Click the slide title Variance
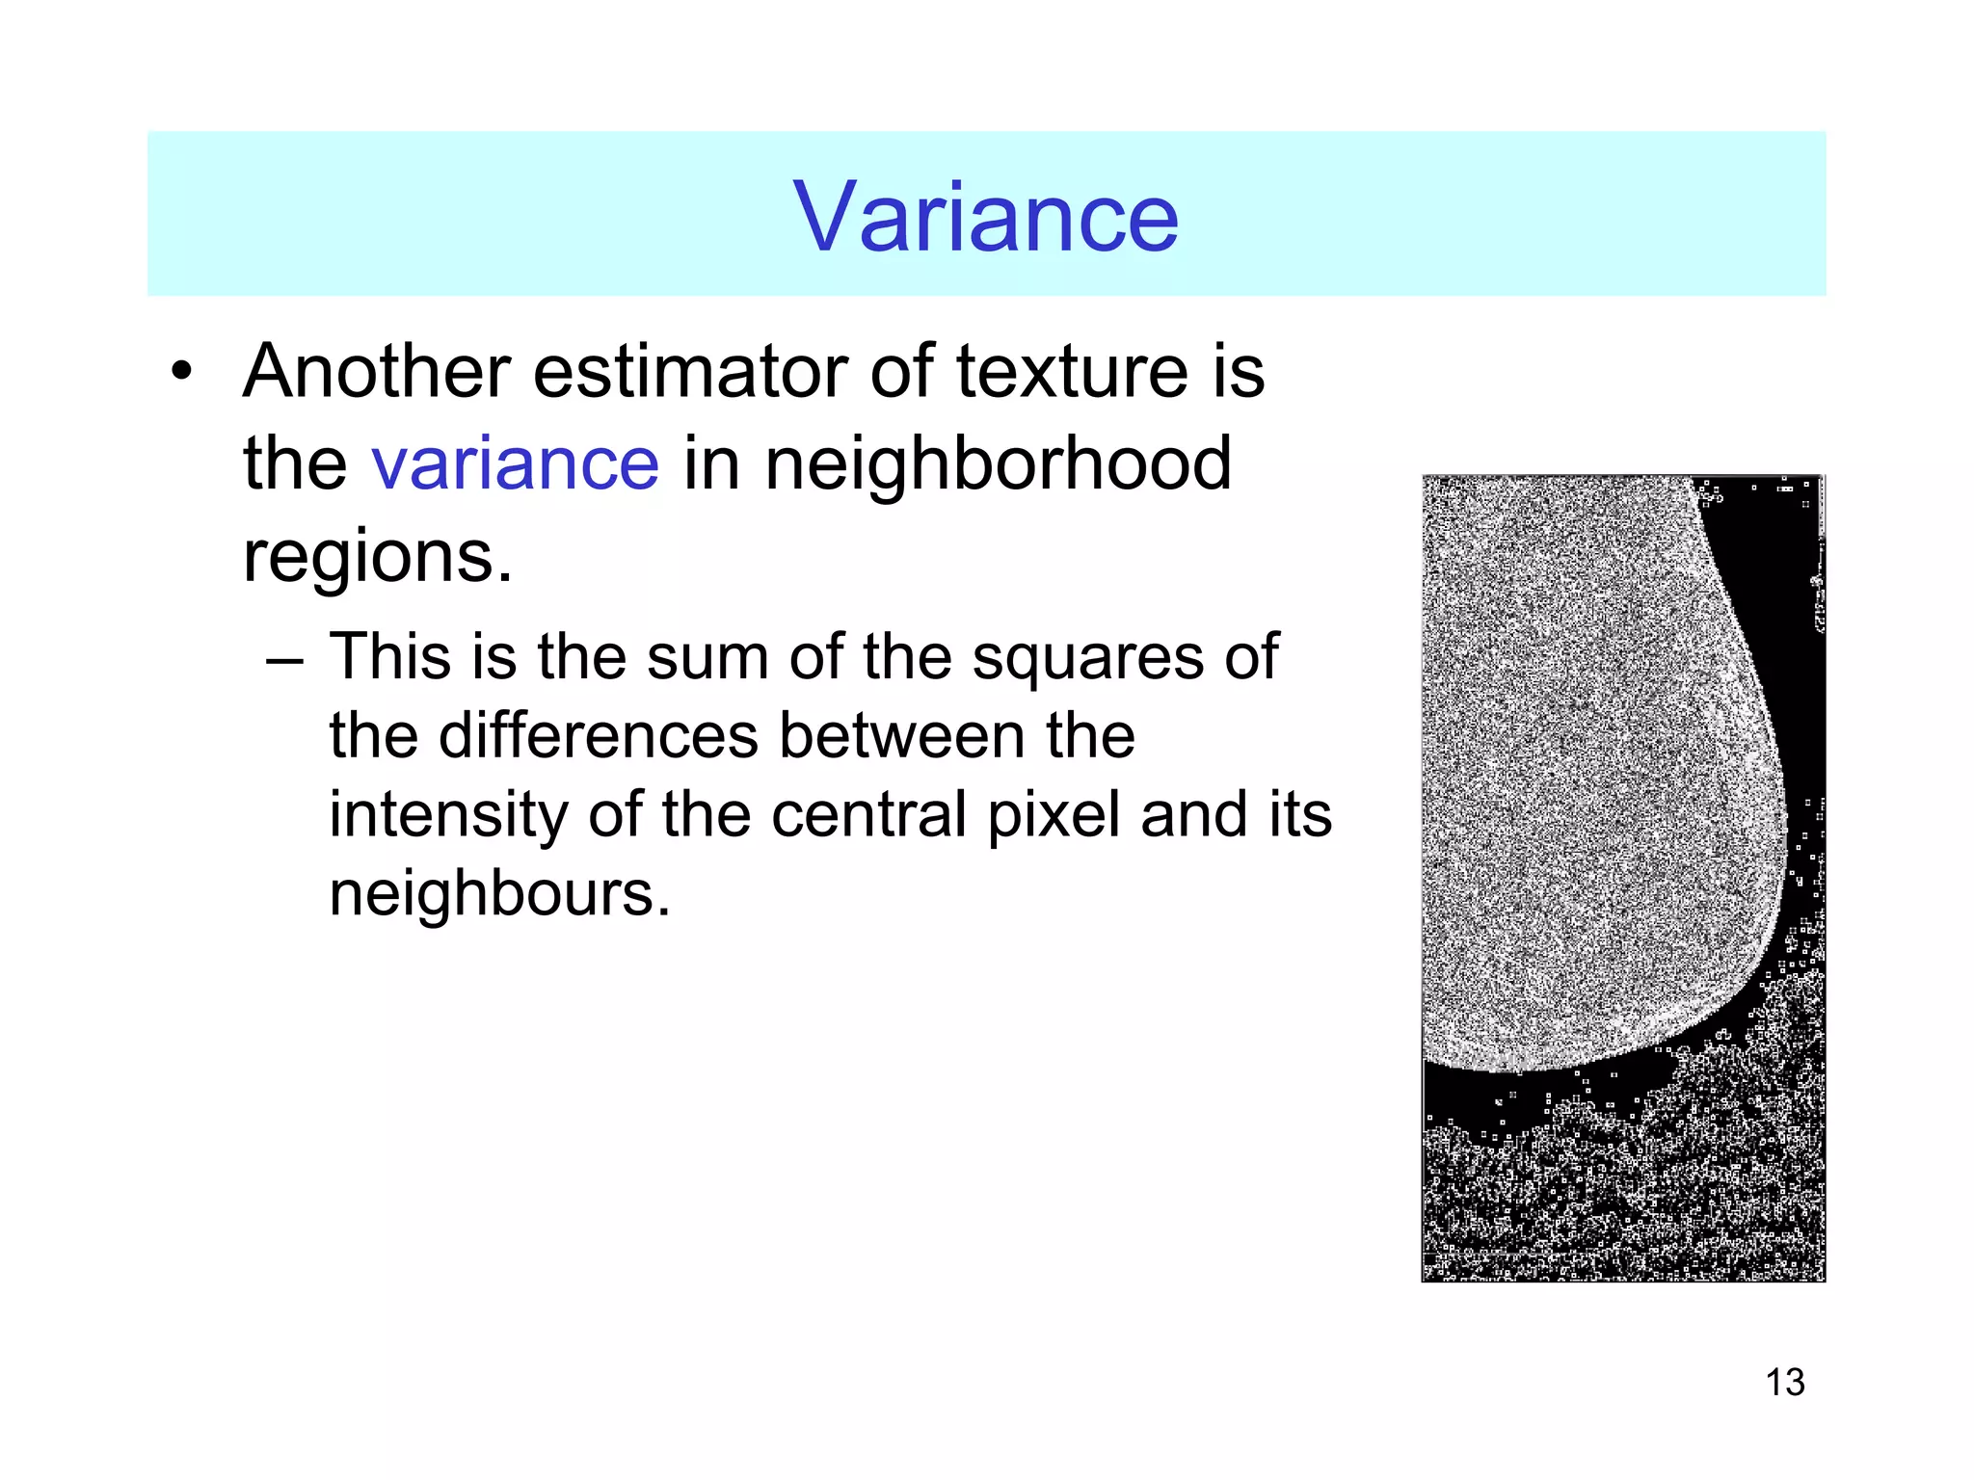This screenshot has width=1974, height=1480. pos(985,218)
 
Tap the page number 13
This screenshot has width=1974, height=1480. pos(1785,1383)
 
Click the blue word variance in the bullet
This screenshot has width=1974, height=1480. pos(516,463)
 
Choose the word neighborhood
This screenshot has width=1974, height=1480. pos(998,463)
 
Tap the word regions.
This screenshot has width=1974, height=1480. pos(377,556)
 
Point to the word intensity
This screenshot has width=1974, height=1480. pos(446,814)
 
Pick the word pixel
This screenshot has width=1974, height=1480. pos(1055,814)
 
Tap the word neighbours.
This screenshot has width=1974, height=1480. pos(499,893)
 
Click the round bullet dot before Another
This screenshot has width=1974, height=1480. pos(182,372)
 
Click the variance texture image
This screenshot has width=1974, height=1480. pos(1623,878)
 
